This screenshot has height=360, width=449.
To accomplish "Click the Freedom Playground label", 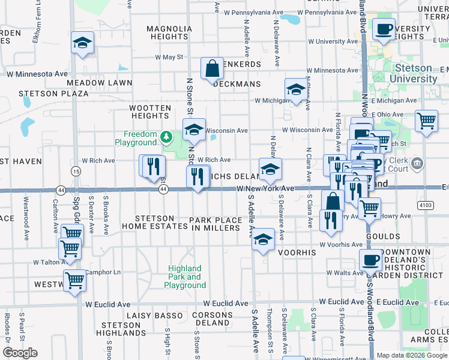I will click(140, 138).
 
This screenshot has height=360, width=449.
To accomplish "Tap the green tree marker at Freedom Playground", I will click(166, 138).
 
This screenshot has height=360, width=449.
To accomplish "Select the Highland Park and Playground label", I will click(186, 277).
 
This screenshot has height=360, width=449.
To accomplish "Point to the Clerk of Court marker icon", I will click(418, 163).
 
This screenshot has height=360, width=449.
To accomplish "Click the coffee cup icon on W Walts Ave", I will click(371, 260).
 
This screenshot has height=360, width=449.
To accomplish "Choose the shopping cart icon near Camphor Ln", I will click(75, 279).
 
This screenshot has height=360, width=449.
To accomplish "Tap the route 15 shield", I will click(76, 172).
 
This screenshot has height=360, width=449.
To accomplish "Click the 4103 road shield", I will click(426, 205).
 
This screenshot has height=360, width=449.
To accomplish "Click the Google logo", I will click(19, 353).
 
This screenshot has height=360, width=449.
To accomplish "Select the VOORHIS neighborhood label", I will click(298, 253).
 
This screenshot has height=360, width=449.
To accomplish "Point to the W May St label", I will click(169, 57).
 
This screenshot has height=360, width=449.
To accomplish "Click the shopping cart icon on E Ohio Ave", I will click(426, 119).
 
